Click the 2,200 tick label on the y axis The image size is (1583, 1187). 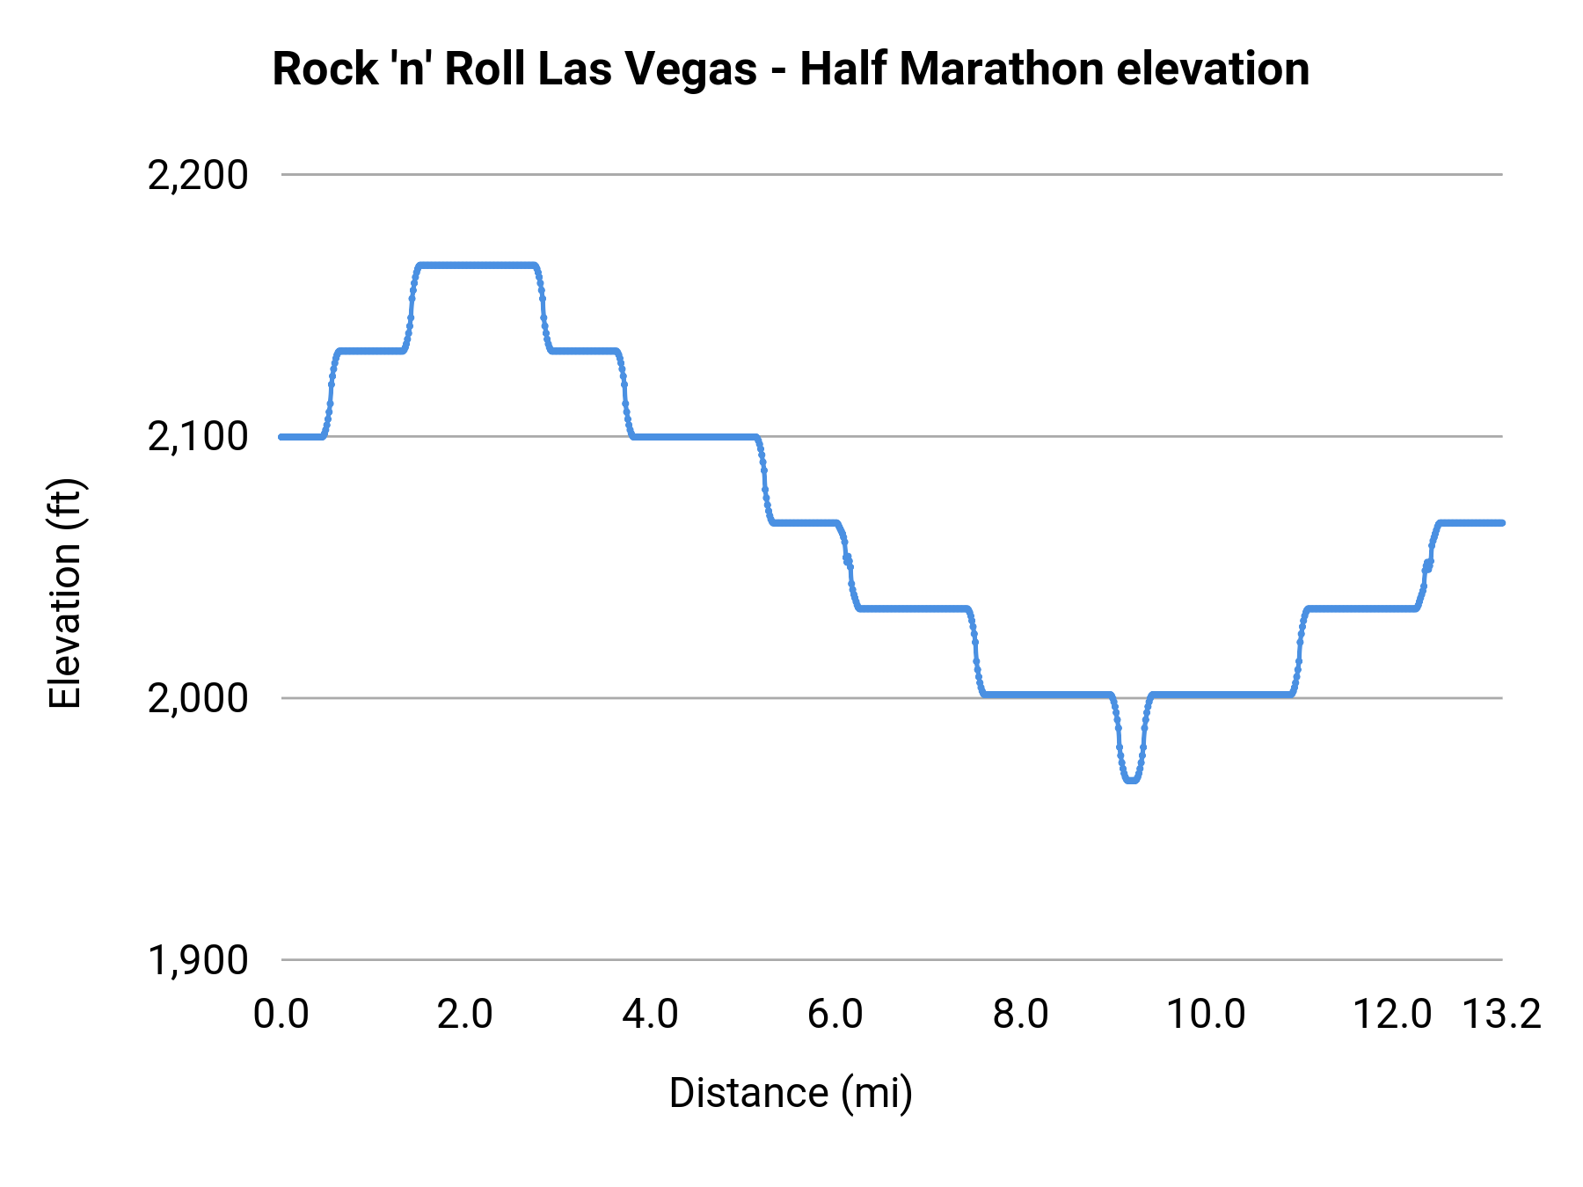coord(198,176)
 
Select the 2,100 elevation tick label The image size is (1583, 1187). coord(198,437)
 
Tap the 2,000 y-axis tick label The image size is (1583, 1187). coord(198,699)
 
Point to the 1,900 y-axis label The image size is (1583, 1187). coord(198,960)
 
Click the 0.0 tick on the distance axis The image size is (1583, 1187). coord(281,1015)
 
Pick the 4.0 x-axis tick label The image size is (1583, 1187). coord(650,1015)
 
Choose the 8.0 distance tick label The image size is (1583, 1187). coord(1020,1015)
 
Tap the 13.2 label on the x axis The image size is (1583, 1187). coord(1501,1015)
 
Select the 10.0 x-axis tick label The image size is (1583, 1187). coord(1205,1015)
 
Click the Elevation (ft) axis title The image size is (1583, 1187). coord(65,593)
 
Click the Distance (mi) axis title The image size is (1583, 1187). coord(791,1093)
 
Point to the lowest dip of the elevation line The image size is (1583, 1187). coord(1131,779)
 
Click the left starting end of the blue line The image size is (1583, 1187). coord(282,437)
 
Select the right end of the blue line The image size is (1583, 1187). coord(1501,522)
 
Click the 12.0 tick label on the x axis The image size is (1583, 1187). coord(1391,1015)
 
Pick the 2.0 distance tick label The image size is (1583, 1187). coord(464,1015)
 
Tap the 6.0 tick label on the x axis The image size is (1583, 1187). coord(835,1015)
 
